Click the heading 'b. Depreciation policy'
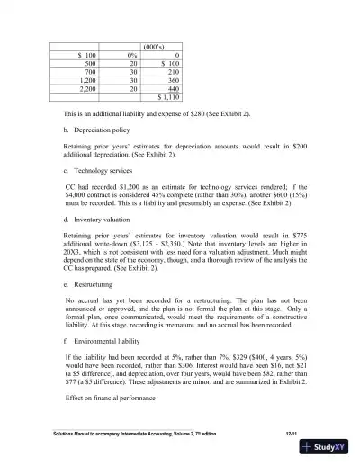[x=100, y=130]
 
